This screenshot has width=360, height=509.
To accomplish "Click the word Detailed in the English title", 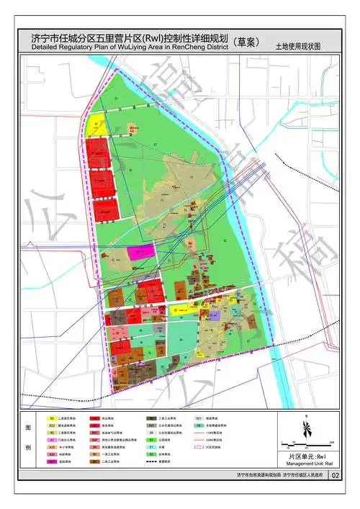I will click(47, 48).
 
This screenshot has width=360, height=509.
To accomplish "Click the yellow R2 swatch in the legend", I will click(52, 418).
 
